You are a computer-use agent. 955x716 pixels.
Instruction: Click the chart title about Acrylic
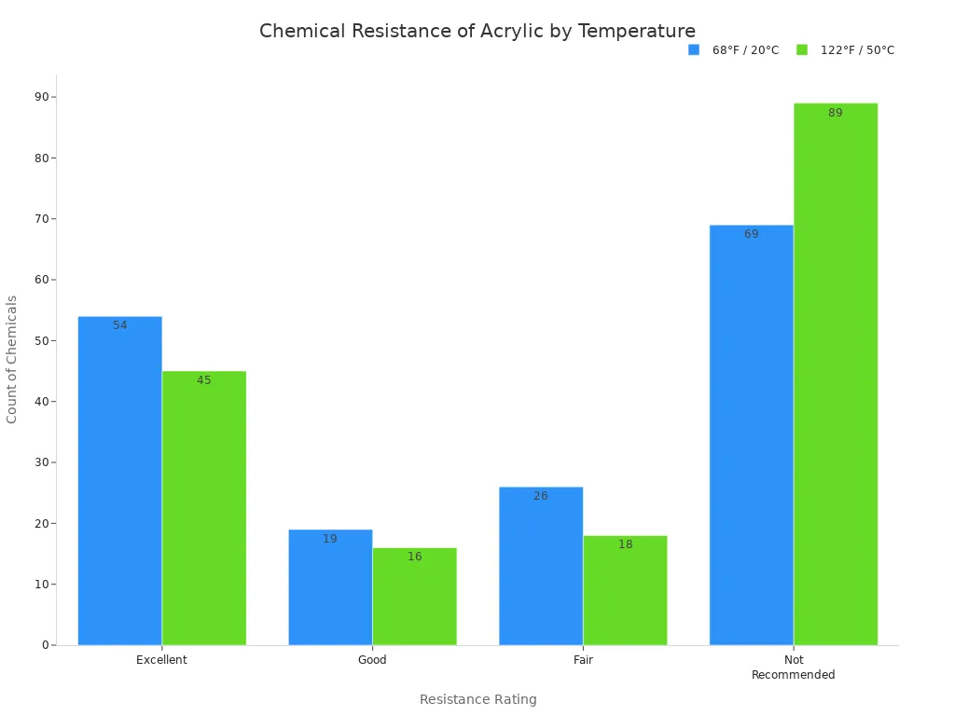click(477, 32)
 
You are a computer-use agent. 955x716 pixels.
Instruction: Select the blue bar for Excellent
click(119, 481)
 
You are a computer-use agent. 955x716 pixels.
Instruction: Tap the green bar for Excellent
click(204, 508)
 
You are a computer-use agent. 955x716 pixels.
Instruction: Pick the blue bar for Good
click(330, 587)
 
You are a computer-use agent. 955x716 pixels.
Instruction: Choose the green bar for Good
click(415, 597)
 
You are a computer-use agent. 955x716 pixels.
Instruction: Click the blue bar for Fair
click(541, 566)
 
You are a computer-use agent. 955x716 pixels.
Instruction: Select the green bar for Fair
click(625, 590)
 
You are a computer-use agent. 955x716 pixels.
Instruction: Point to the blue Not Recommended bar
click(752, 435)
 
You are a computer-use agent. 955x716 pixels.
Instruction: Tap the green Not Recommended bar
click(836, 374)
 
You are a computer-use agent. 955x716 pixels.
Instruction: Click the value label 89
click(836, 113)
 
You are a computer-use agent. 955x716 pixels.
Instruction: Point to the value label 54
click(119, 325)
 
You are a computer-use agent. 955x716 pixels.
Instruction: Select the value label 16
click(415, 557)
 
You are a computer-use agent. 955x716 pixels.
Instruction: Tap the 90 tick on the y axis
click(43, 97)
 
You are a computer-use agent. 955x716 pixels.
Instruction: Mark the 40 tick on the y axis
click(43, 402)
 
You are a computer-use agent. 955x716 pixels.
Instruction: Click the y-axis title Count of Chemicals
click(12, 359)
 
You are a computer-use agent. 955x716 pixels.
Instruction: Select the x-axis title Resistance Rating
click(477, 699)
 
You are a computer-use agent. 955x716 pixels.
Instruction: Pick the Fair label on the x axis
click(583, 660)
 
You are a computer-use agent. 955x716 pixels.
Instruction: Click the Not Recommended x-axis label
click(794, 668)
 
